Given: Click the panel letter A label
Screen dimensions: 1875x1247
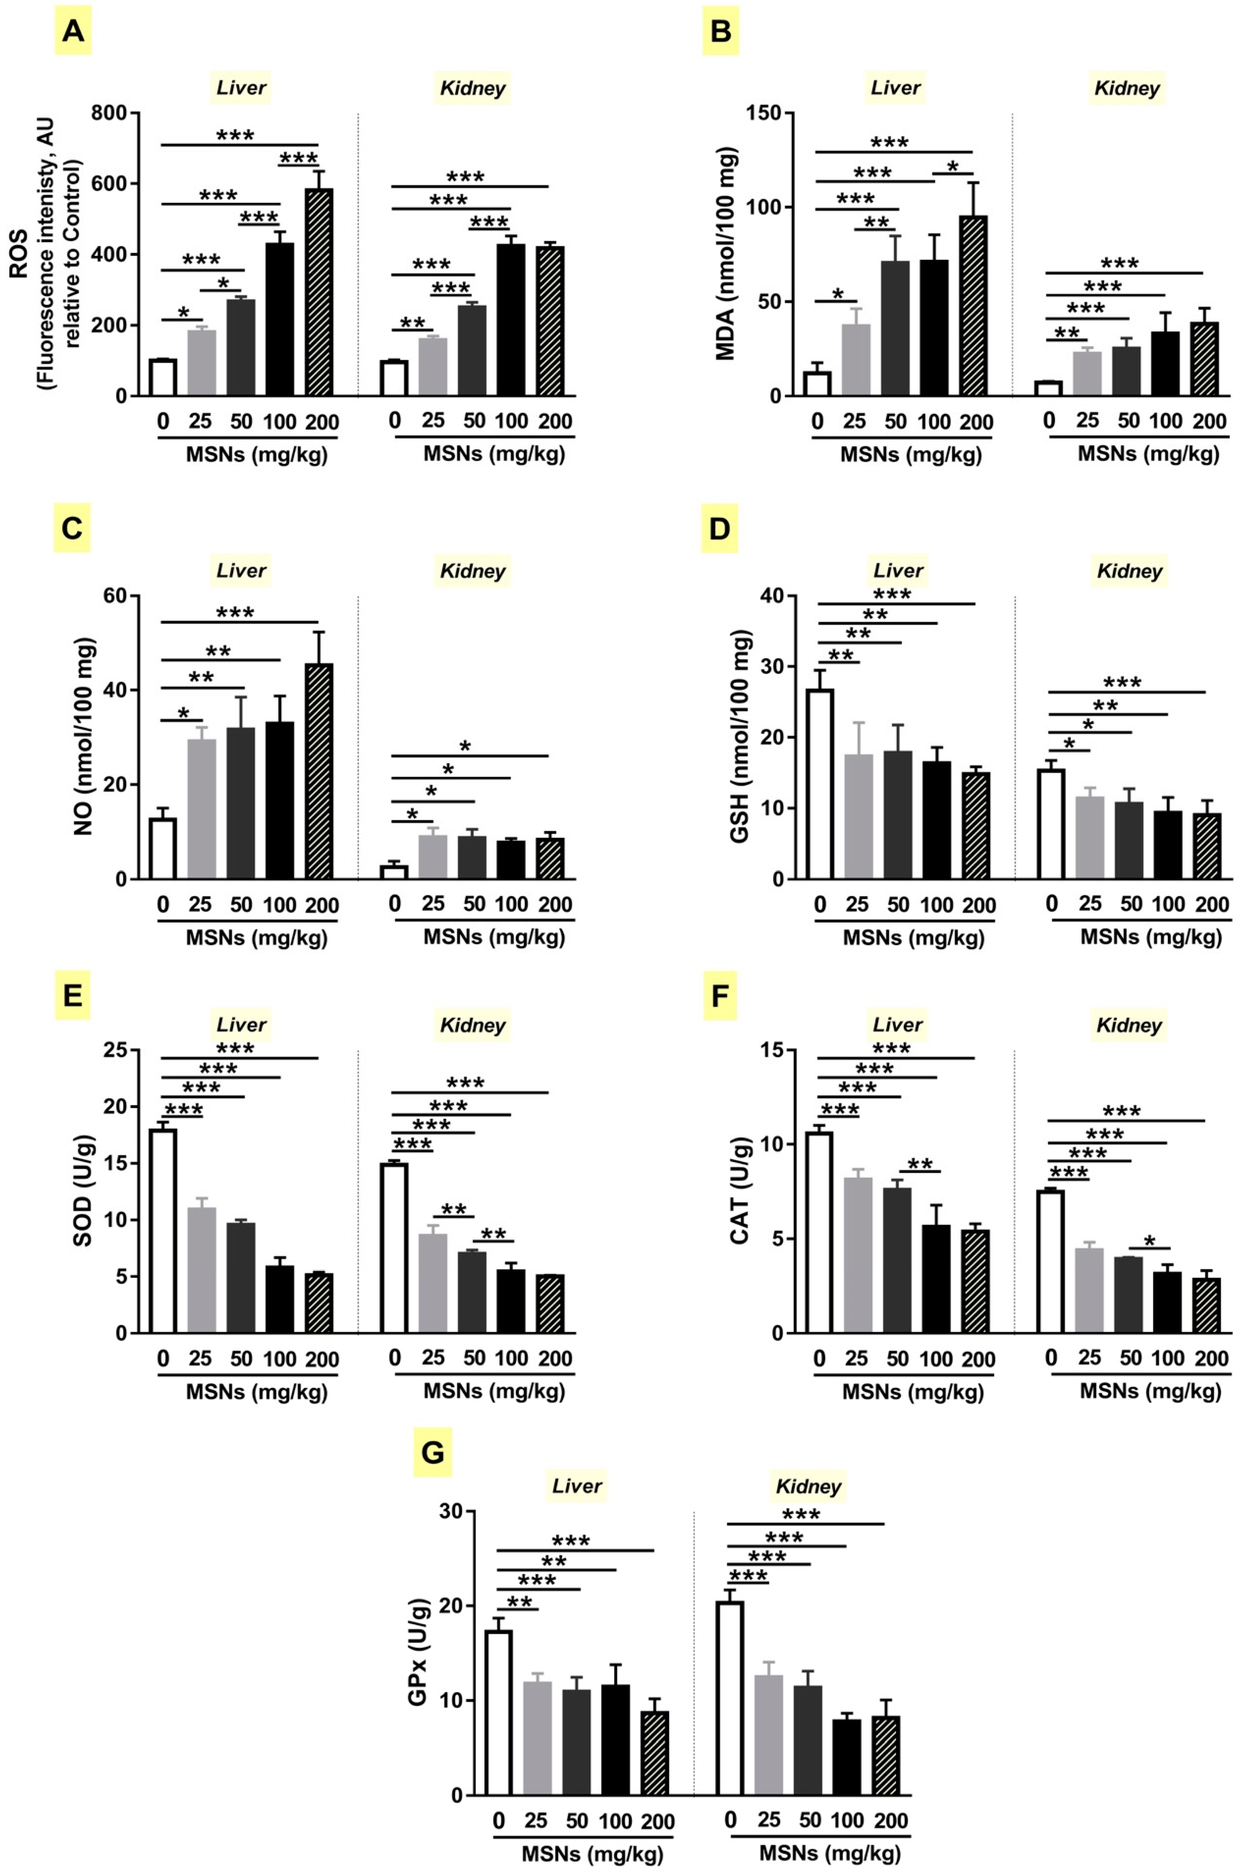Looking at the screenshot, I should [x=72, y=32].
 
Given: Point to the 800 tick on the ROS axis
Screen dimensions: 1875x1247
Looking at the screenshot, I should [x=109, y=113].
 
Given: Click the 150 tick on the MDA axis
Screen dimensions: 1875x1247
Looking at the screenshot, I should [x=763, y=113].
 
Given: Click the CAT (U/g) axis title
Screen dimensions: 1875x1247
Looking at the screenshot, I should [x=740, y=1191].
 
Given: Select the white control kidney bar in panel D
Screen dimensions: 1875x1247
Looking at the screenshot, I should [x=1051, y=823].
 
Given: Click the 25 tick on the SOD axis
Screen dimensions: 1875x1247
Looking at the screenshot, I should [x=109, y=1050].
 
